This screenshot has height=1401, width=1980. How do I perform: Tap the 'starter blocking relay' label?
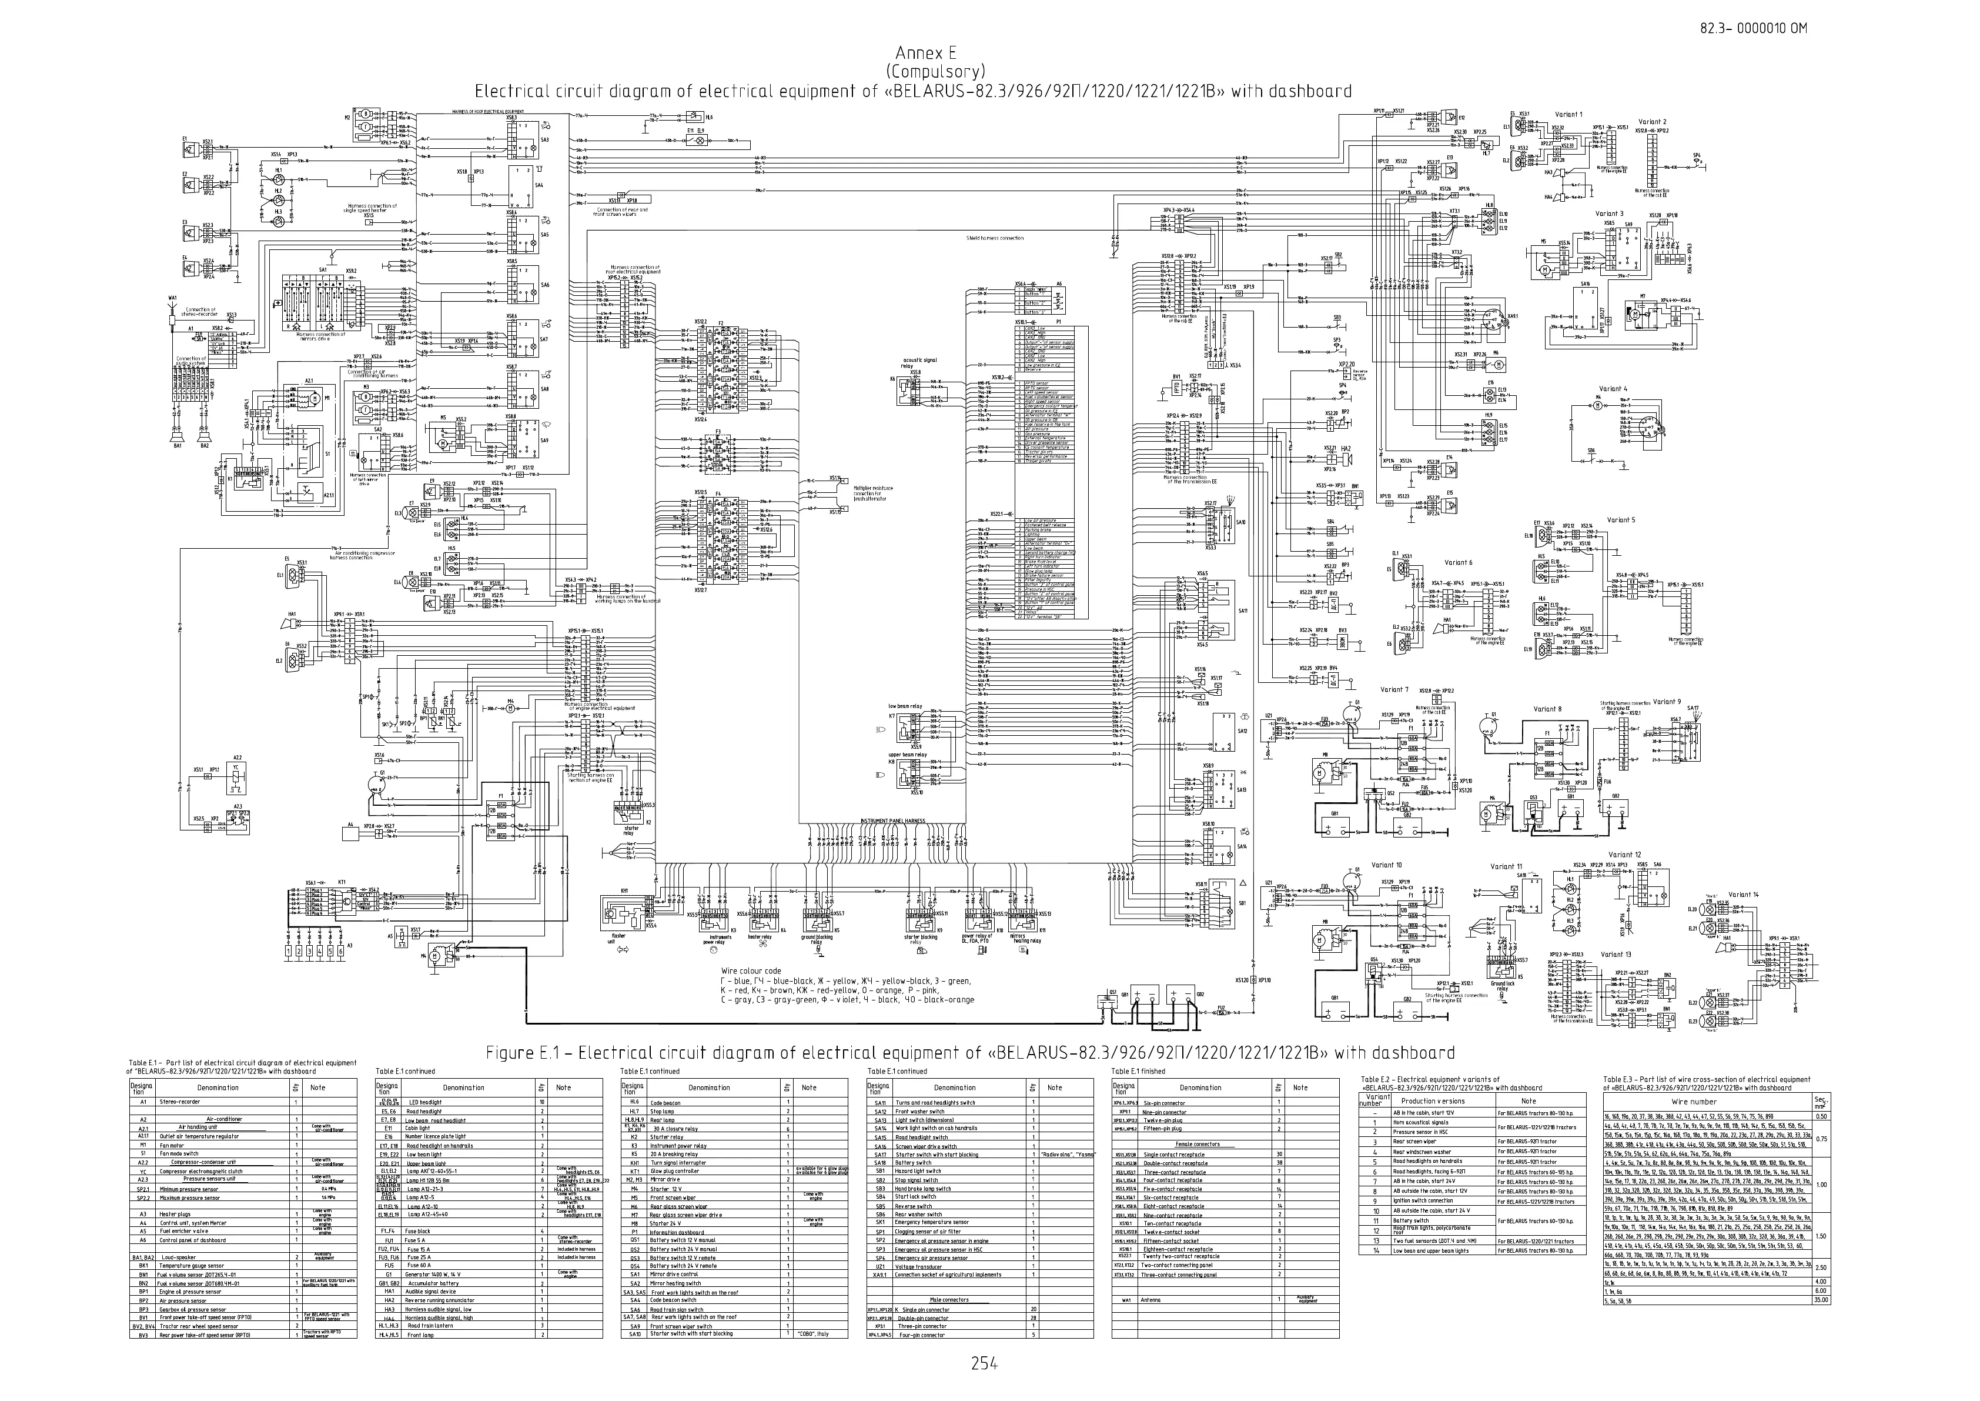click(x=915, y=939)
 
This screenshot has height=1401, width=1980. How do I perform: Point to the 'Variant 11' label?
click(x=1507, y=866)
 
